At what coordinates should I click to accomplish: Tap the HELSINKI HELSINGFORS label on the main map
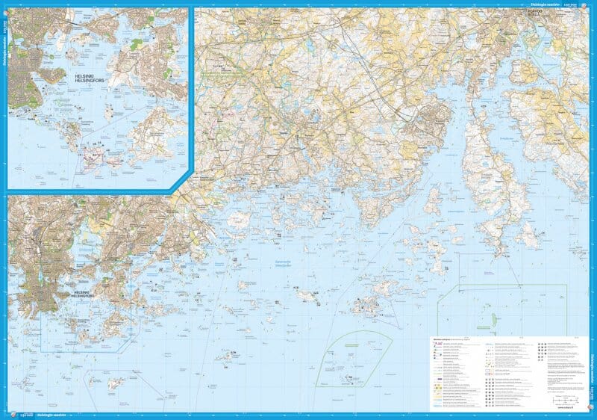[40, 288]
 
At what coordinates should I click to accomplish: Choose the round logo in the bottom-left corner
[8, 415]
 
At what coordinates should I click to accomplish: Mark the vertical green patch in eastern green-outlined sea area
[493, 318]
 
